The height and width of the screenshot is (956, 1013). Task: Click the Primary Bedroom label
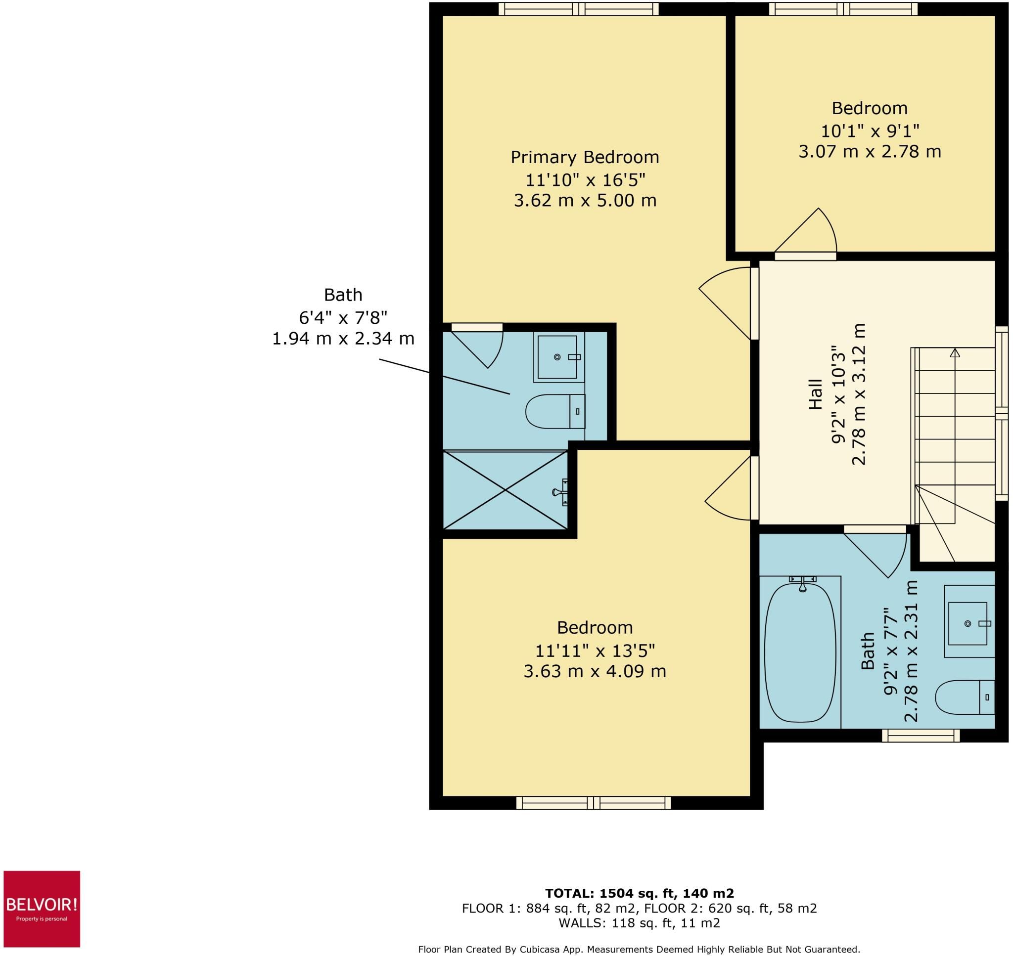[585, 157]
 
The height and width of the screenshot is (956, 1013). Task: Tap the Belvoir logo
[42, 909]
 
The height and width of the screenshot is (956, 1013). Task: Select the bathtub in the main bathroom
[800, 653]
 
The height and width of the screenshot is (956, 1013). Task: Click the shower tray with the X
[505, 490]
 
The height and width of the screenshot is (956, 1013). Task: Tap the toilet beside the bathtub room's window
[965, 697]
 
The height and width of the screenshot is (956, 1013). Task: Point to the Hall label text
[816, 394]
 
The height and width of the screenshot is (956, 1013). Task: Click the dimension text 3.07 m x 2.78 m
[870, 152]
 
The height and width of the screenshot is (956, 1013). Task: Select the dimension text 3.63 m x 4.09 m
[595, 671]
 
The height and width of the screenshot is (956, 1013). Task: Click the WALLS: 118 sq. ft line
[639, 923]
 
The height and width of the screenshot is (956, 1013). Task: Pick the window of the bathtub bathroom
[921, 736]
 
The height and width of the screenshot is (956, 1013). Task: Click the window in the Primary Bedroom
[579, 9]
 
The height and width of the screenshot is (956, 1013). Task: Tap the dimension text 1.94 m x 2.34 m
[343, 339]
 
